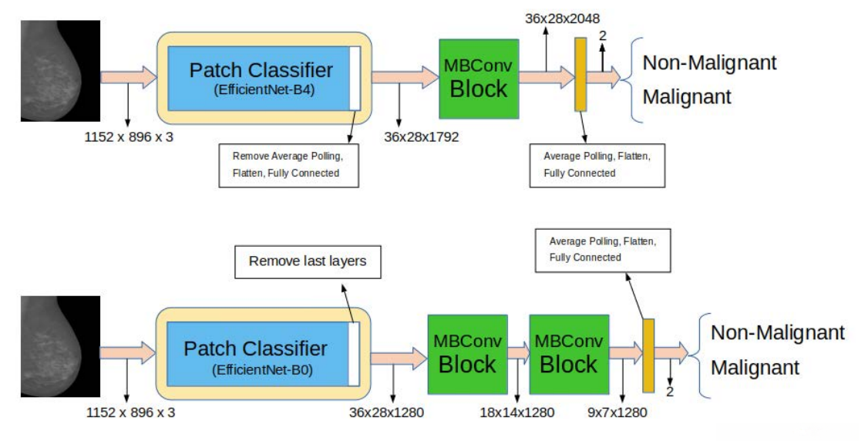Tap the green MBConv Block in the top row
tap(478, 78)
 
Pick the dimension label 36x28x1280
tap(386, 412)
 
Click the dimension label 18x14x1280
tap(516, 412)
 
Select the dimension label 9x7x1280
tap(617, 412)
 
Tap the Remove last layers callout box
tap(307, 261)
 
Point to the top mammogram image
tap(60, 71)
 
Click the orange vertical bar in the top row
tap(580, 75)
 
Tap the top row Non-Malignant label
tap(709, 62)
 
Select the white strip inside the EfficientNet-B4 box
tap(355, 78)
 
